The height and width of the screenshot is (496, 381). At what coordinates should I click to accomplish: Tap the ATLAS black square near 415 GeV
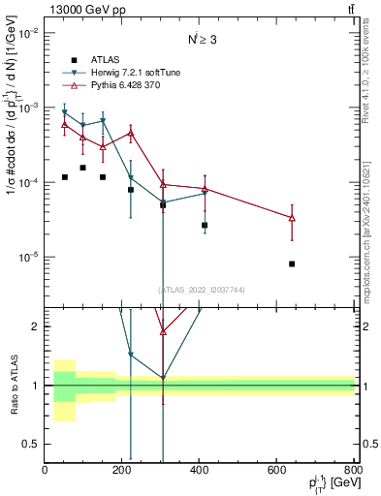tap(205, 225)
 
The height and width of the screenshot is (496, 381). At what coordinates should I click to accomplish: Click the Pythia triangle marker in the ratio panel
tap(163, 331)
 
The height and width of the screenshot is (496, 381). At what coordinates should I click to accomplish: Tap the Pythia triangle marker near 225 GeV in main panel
tap(131, 133)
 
